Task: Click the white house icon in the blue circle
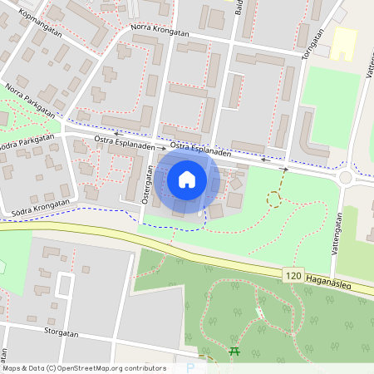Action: pos(187,179)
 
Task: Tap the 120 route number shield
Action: pos(293,273)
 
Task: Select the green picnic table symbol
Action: pos(234,352)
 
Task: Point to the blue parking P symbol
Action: pos(191,367)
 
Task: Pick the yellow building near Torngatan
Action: pos(343,42)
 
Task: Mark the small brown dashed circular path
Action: pos(273,198)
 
